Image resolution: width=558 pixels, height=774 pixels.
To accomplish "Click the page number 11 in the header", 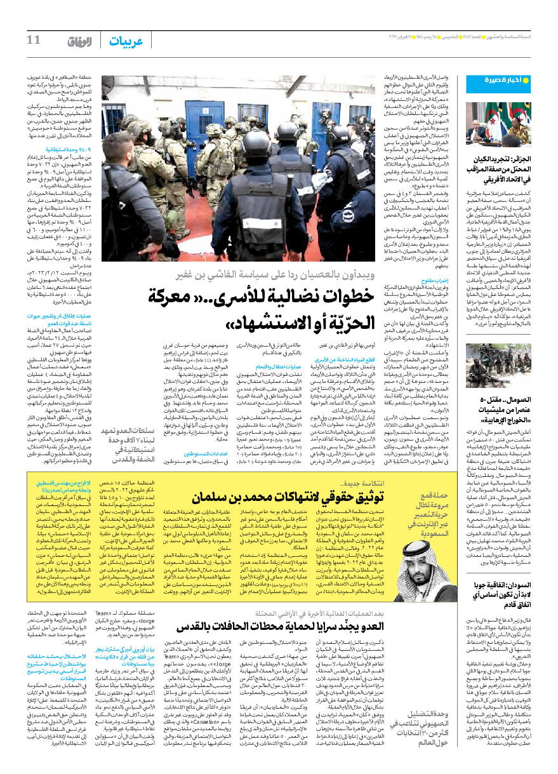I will (32, 40).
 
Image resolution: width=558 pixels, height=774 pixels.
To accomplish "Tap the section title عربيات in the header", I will (125, 41).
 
